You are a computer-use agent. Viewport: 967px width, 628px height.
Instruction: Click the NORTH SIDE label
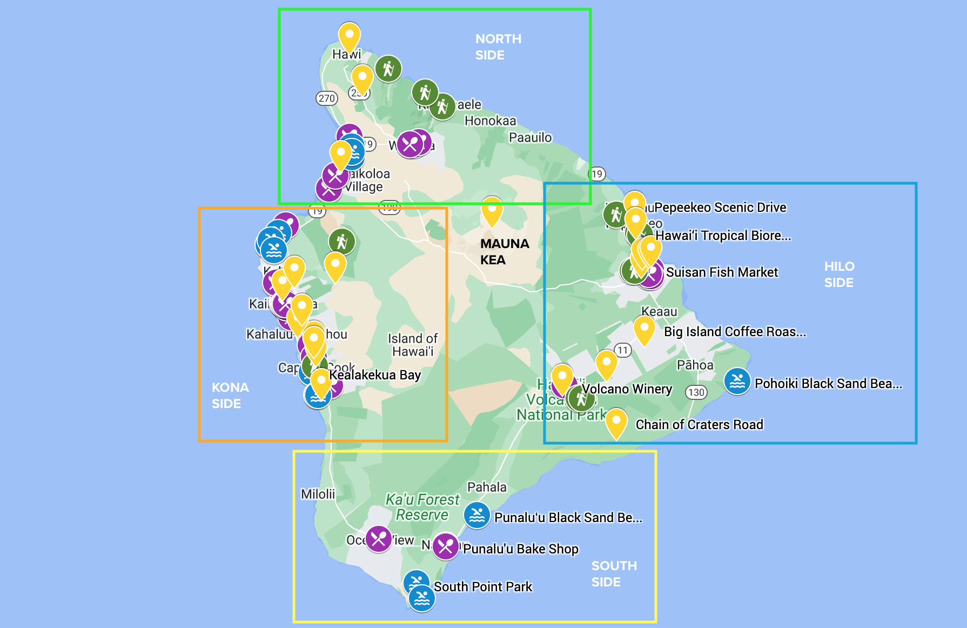[x=498, y=47]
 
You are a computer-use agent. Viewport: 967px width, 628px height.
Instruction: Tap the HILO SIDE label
[x=838, y=274]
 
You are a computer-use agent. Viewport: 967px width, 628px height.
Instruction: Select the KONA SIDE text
[x=230, y=395]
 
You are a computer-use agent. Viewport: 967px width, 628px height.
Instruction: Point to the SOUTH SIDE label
[x=614, y=573]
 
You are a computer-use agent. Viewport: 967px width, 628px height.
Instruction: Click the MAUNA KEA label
[x=504, y=251]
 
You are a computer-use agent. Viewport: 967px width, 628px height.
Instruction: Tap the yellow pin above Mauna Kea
[x=492, y=211]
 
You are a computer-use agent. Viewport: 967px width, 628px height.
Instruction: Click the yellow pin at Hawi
[x=349, y=37]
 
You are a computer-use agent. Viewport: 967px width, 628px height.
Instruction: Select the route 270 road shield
[x=326, y=98]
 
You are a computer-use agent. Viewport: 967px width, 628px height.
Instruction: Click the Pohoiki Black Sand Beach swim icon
[x=737, y=382]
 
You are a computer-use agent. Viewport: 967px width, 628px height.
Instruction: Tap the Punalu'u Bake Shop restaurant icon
[x=446, y=546]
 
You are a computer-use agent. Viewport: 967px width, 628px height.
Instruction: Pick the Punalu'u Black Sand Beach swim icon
[x=477, y=515]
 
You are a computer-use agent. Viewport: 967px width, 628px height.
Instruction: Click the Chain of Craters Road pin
[x=616, y=423]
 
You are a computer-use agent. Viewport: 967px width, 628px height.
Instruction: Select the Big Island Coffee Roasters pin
[x=644, y=330]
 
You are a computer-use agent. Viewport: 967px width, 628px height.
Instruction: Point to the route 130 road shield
[x=696, y=392]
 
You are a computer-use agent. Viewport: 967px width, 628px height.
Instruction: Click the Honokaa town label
[x=490, y=121]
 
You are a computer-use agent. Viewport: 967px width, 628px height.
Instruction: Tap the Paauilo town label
[x=530, y=137]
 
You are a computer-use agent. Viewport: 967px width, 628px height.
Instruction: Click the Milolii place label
[x=318, y=494]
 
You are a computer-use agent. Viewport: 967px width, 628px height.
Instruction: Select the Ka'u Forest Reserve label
[x=422, y=507]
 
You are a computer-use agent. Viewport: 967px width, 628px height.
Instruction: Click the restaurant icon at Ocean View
[x=378, y=539]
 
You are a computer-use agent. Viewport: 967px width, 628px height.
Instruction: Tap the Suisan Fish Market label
[x=722, y=272]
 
